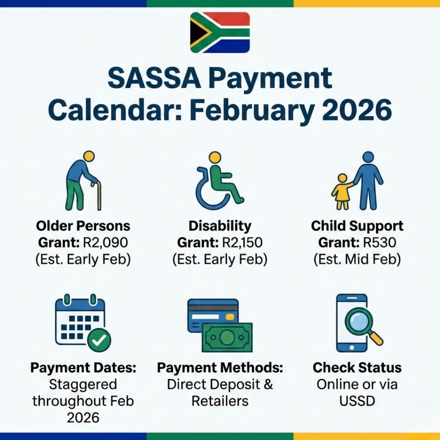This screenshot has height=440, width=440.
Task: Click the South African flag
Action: [220, 32]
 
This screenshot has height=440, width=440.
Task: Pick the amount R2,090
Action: [105, 243]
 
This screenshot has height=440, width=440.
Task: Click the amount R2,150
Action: [242, 243]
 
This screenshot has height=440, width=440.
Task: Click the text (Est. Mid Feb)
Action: [357, 260]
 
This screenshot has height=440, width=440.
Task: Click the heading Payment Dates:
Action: [83, 367]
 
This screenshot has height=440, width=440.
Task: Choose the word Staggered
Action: [83, 384]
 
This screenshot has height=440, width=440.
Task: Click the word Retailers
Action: [220, 401]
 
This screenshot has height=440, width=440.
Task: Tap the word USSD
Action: [357, 401]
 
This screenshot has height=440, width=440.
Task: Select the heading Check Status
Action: [357, 367]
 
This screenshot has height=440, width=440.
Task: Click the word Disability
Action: [220, 226]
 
